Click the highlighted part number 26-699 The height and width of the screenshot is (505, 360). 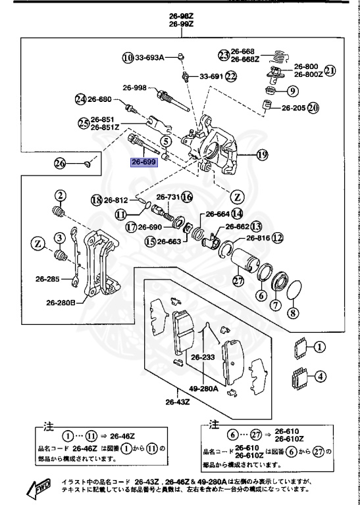[144, 162]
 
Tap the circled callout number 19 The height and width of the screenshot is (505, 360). [262, 156]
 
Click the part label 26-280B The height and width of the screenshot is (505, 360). [61, 303]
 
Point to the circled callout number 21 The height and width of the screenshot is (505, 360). [330, 70]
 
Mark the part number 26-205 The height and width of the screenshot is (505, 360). [294, 107]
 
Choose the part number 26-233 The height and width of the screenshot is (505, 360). [204, 358]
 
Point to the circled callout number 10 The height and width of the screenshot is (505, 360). [127, 57]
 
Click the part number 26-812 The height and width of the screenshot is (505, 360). [116, 200]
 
